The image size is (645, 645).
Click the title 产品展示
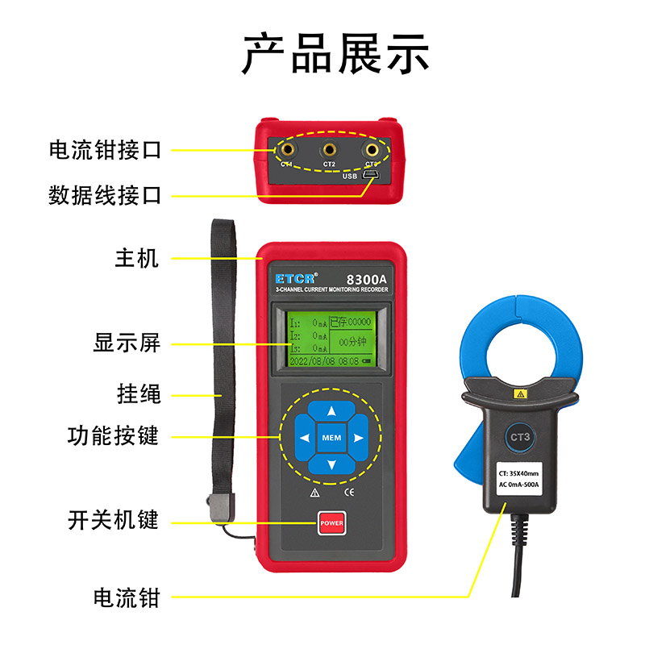coord(336,54)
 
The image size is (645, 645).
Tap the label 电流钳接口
coord(106,150)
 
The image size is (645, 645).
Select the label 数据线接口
coord(106,194)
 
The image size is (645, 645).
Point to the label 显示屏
coord(127,343)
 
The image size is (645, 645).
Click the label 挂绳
coord(139,394)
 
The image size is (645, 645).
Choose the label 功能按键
coord(114,436)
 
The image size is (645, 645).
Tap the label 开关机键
coord(114,521)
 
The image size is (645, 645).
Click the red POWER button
coord(331,523)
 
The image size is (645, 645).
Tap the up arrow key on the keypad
coord(331,410)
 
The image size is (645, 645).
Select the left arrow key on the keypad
coord(304,439)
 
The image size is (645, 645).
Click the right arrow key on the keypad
coord(358,439)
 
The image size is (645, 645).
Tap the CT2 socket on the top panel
coord(329,149)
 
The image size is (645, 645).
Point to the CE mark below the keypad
coord(349,491)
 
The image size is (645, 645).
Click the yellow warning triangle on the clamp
coord(520,394)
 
